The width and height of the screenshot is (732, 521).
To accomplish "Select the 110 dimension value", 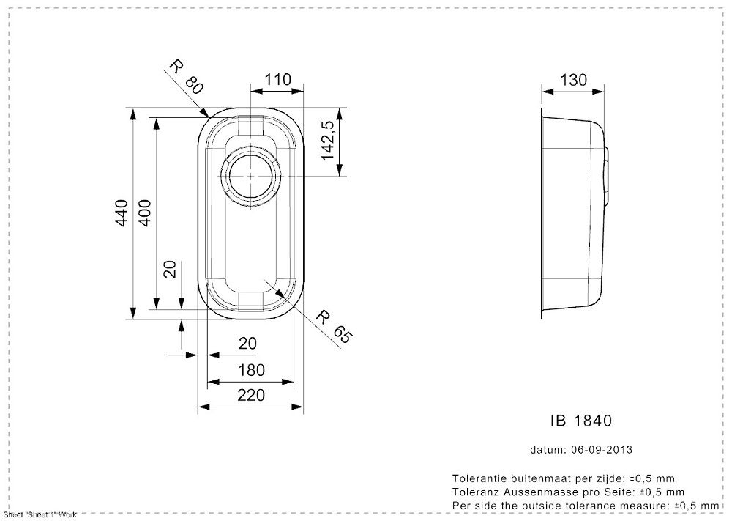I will coord(277,80).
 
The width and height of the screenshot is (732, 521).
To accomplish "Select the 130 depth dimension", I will coord(573,80).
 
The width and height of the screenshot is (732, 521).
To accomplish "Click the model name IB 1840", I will coord(580,421).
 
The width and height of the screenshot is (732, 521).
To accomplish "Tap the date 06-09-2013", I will coord(601,449).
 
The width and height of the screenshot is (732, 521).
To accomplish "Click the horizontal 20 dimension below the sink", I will coord(248,343).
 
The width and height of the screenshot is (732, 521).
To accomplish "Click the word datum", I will coord(545,449).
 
